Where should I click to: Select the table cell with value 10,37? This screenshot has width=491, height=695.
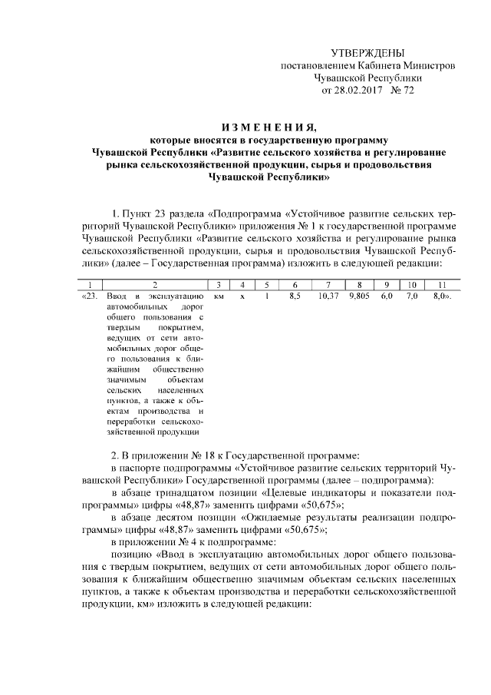328,296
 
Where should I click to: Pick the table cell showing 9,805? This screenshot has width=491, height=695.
359,296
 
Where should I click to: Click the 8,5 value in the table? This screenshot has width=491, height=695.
294,296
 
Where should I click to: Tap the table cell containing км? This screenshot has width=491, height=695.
219,296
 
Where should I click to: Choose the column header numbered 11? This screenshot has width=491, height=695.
441,285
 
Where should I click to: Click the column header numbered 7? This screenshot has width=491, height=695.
328,285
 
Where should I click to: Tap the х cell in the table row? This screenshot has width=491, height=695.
242,296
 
